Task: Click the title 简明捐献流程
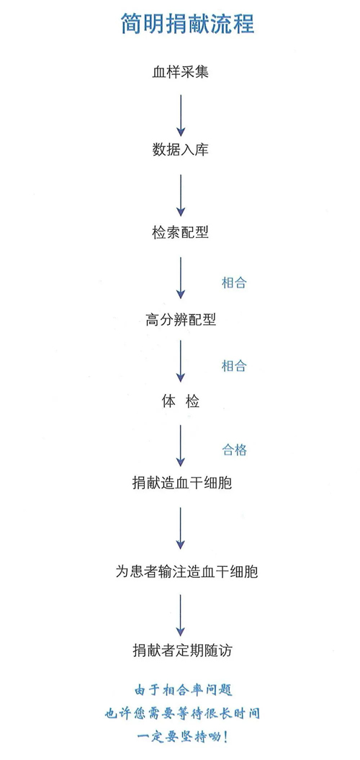click(x=187, y=24)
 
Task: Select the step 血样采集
click(x=180, y=73)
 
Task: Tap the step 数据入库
click(x=180, y=150)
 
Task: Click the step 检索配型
click(x=180, y=233)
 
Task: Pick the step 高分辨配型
click(x=181, y=320)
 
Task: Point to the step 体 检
click(x=181, y=402)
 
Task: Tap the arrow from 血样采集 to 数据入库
click(x=181, y=115)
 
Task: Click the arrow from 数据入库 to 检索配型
click(x=181, y=195)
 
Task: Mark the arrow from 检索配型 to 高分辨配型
click(x=181, y=278)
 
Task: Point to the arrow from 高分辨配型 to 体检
click(x=181, y=361)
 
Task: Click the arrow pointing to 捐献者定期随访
click(x=181, y=615)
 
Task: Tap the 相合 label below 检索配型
click(x=234, y=283)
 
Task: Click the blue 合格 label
click(x=235, y=450)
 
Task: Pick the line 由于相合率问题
click(x=183, y=689)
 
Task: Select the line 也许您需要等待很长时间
click(x=182, y=714)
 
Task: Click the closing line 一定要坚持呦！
click(x=182, y=738)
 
